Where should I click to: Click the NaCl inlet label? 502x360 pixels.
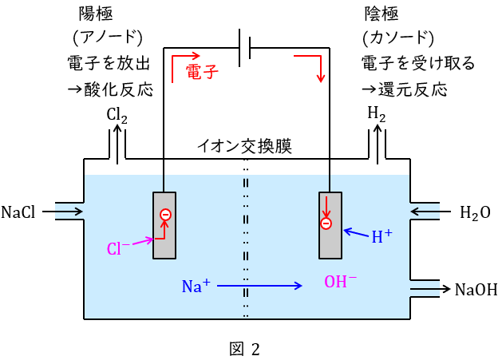18,212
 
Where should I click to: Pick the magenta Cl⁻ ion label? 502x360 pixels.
119,248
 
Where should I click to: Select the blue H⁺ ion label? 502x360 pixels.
381,236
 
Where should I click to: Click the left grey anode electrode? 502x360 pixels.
164,225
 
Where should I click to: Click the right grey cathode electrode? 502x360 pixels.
329,225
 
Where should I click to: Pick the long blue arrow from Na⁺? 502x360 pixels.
259,285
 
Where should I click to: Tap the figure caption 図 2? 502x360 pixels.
244,348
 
